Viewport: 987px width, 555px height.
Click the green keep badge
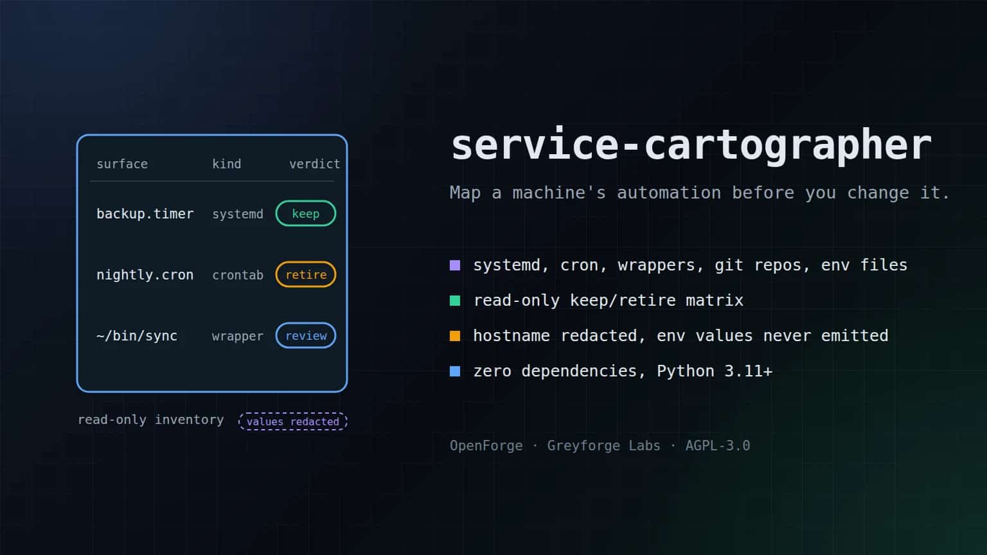[x=306, y=214]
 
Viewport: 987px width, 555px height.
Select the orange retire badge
[x=306, y=274]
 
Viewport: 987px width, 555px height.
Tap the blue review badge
[x=306, y=336]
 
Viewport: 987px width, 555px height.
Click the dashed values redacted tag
[x=293, y=421]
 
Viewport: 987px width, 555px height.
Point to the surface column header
[x=122, y=164]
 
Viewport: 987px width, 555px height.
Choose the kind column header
[x=226, y=164]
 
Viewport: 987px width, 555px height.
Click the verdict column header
[x=315, y=164]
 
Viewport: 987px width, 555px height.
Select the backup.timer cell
[x=145, y=214]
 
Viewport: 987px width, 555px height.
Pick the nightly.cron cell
[x=145, y=275]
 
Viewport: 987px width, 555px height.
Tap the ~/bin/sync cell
[x=137, y=336]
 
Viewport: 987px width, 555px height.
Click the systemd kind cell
[x=238, y=214]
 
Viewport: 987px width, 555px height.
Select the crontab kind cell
[x=238, y=275]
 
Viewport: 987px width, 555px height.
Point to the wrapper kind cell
[x=238, y=336]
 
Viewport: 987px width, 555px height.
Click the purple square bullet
[x=455, y=265]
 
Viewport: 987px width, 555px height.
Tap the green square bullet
[x=455, y=301]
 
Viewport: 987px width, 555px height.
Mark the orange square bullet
[x=455, y=336]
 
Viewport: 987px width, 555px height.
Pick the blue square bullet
[x=455, y=371]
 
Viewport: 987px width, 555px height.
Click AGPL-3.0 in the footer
[x=718, y=446]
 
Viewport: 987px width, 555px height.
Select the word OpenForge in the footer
[x=486, y=446]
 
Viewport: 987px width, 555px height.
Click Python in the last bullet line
[x=686, y=371]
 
